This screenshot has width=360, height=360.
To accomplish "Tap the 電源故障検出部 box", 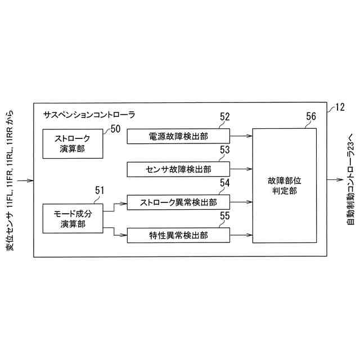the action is tap(178, 136).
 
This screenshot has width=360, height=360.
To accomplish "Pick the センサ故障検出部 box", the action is tap(178, 169).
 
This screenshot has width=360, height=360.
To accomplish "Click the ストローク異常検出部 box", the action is tap(178, 201).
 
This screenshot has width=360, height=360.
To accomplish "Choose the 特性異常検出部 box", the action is tap(178, 235).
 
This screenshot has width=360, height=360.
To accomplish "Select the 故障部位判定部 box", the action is tap(283, 186).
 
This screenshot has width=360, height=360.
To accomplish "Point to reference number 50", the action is tap(116, 129).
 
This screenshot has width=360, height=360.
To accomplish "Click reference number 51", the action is tap(100, 191).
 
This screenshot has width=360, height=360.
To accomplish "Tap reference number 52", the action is tap(224, 117).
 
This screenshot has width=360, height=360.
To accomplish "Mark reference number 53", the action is tap(224, 150).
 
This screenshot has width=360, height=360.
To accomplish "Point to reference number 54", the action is tap(224, 183).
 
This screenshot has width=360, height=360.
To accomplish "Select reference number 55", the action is tap(224, 215).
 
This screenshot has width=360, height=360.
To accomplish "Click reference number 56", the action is tap(310, 116).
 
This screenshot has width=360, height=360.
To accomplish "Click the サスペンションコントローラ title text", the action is tap(89, 114).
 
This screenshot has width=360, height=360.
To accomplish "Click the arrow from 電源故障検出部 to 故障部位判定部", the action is tap(241, 136).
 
